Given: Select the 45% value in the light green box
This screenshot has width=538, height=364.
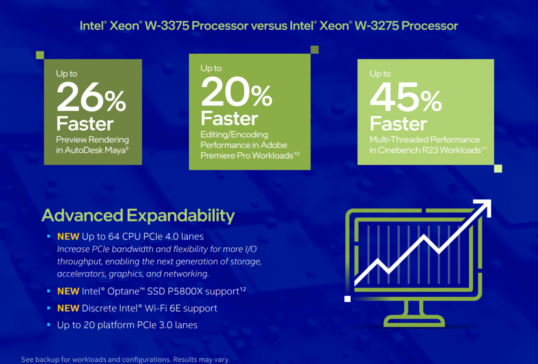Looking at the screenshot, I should [405, 99].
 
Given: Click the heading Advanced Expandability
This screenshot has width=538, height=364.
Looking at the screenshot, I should [138, 215].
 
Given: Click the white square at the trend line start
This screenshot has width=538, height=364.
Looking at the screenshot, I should [347, 299].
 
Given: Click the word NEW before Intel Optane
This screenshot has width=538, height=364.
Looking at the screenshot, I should [68, 291].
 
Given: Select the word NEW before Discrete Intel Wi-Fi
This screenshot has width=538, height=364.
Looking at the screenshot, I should [68, 308].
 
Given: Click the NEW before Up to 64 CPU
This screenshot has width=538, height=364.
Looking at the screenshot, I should [68, 237].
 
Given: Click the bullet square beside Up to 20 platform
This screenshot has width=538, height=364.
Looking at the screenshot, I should [49, 325].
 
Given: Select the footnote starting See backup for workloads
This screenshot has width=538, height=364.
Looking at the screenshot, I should [125, 359].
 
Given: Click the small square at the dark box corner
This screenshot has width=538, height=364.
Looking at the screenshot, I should [40, 55].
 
